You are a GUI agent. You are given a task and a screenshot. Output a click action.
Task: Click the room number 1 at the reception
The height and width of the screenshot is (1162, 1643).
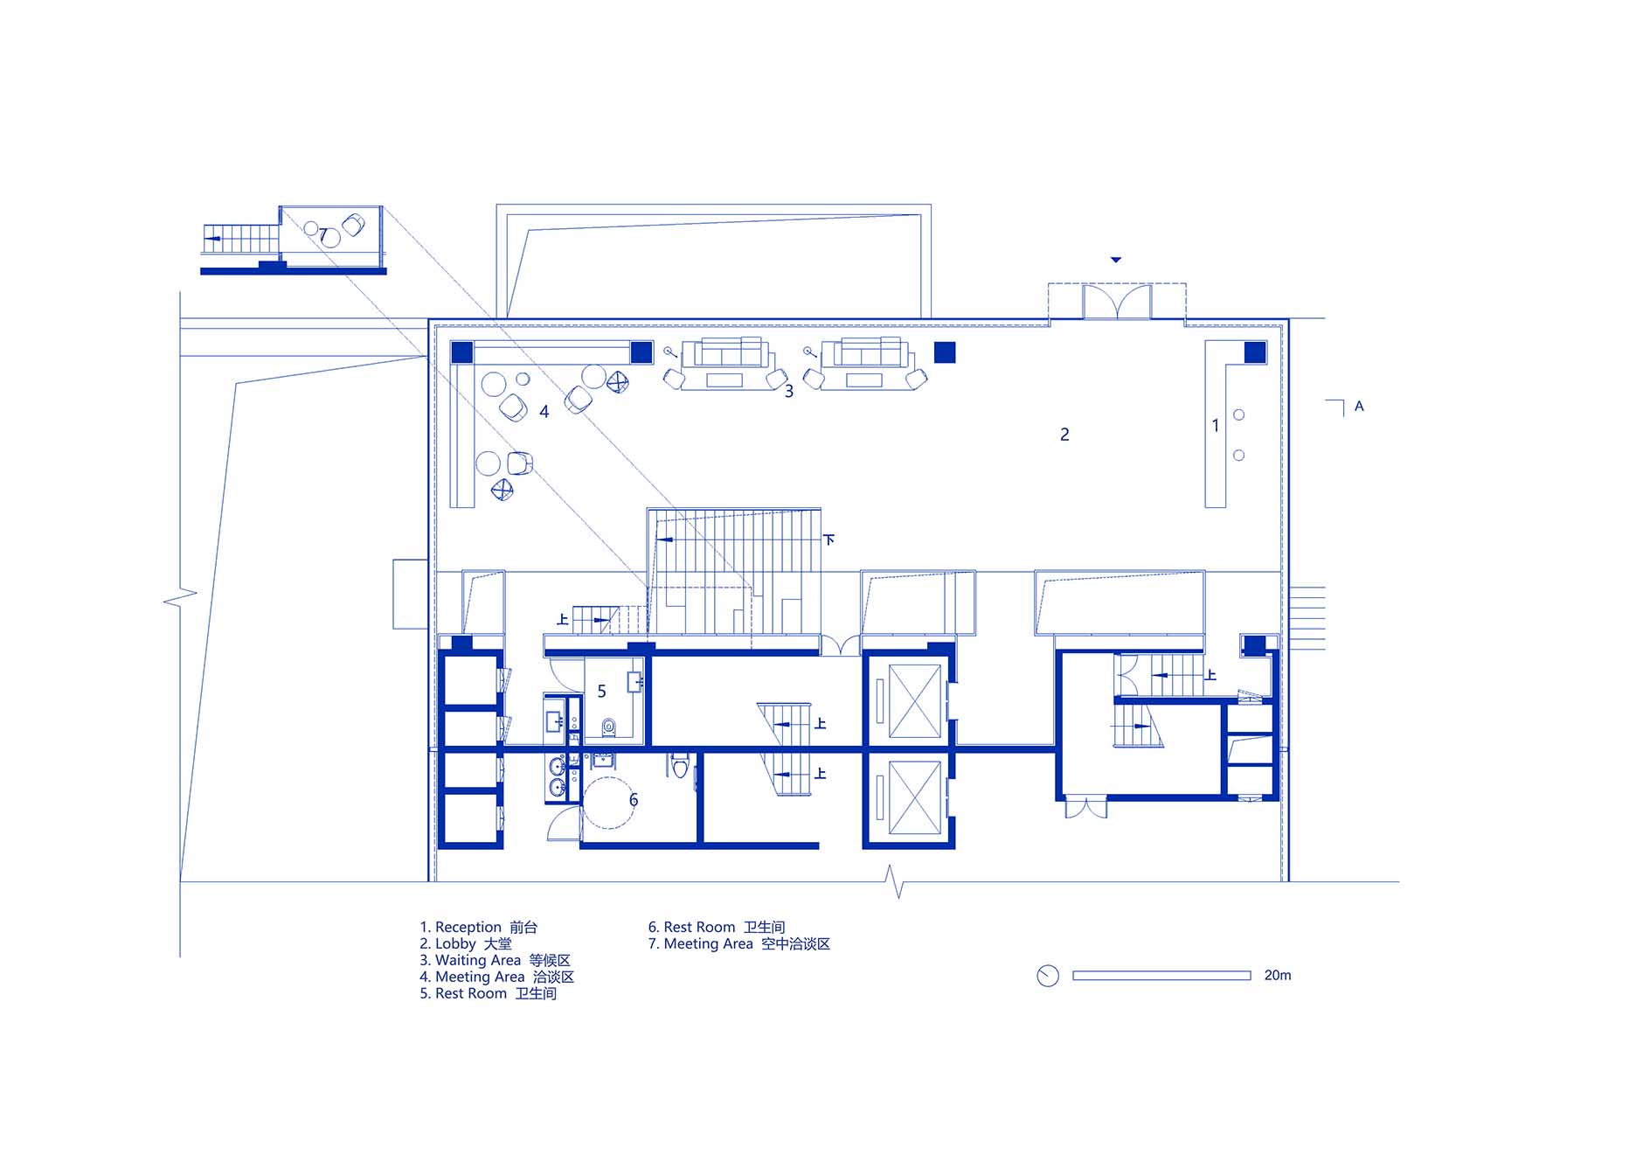pyautogui.click(x=1215, y=426)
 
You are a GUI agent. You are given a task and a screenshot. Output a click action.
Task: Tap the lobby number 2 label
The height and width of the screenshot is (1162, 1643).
pyautogui.click(x=1064, y=435)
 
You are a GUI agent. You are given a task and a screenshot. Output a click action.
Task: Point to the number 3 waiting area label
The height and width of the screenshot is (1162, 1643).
pyautogui.click(x=789, y=392)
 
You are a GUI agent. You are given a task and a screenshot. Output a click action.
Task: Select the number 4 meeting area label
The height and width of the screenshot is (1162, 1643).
pyautogui.click(x=544, y=412)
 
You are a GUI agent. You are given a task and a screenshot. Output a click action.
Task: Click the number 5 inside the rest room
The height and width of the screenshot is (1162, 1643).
pyautogui.click(x=601, y=692)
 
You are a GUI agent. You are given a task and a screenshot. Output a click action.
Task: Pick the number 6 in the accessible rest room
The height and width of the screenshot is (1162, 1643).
pyautogui.click(x=634, y=800)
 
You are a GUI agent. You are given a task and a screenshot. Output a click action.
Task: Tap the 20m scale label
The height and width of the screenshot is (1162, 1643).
pyautogui.click(x=1277, y=975)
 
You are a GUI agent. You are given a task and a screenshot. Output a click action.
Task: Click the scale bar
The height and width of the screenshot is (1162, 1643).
pyautogui.click(x=1161, y=976)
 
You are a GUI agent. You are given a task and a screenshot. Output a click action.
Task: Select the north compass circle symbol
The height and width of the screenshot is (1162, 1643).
pyautogui.click(x=1047, y=976)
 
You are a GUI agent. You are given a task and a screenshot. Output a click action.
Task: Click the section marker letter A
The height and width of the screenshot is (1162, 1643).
pyautogui.click(x=1359, y=407)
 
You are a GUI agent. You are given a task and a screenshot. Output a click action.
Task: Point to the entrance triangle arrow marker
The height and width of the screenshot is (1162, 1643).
pyautogui.click(x=1116, y=260)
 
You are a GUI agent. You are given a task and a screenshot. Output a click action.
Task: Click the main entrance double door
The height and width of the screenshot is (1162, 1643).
pyautogui.click(x=1117, y=303)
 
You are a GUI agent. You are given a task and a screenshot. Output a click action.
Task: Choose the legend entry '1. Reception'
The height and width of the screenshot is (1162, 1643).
pyautogui.click(x=461, y=927)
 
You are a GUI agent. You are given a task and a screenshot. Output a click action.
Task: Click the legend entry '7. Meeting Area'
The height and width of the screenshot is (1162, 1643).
pyautogui.click(x=700, y=944)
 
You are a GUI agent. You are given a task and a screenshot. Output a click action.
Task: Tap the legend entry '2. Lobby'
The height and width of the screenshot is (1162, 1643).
pyautogui.click(x=447, y=944)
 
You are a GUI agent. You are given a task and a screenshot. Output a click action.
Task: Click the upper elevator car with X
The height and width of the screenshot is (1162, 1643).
pyautogui.click(x=914, y=701)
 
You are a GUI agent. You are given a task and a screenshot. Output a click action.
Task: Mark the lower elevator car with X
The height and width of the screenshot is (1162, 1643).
pyautogui.click(x=914, y=797)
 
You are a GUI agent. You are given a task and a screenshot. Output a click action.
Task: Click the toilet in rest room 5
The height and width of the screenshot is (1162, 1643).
pyautogui.click(x=609, y=726)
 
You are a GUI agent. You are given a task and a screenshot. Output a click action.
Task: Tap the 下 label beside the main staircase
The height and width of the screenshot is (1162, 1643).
pyautogui.click(x=828, y=539)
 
